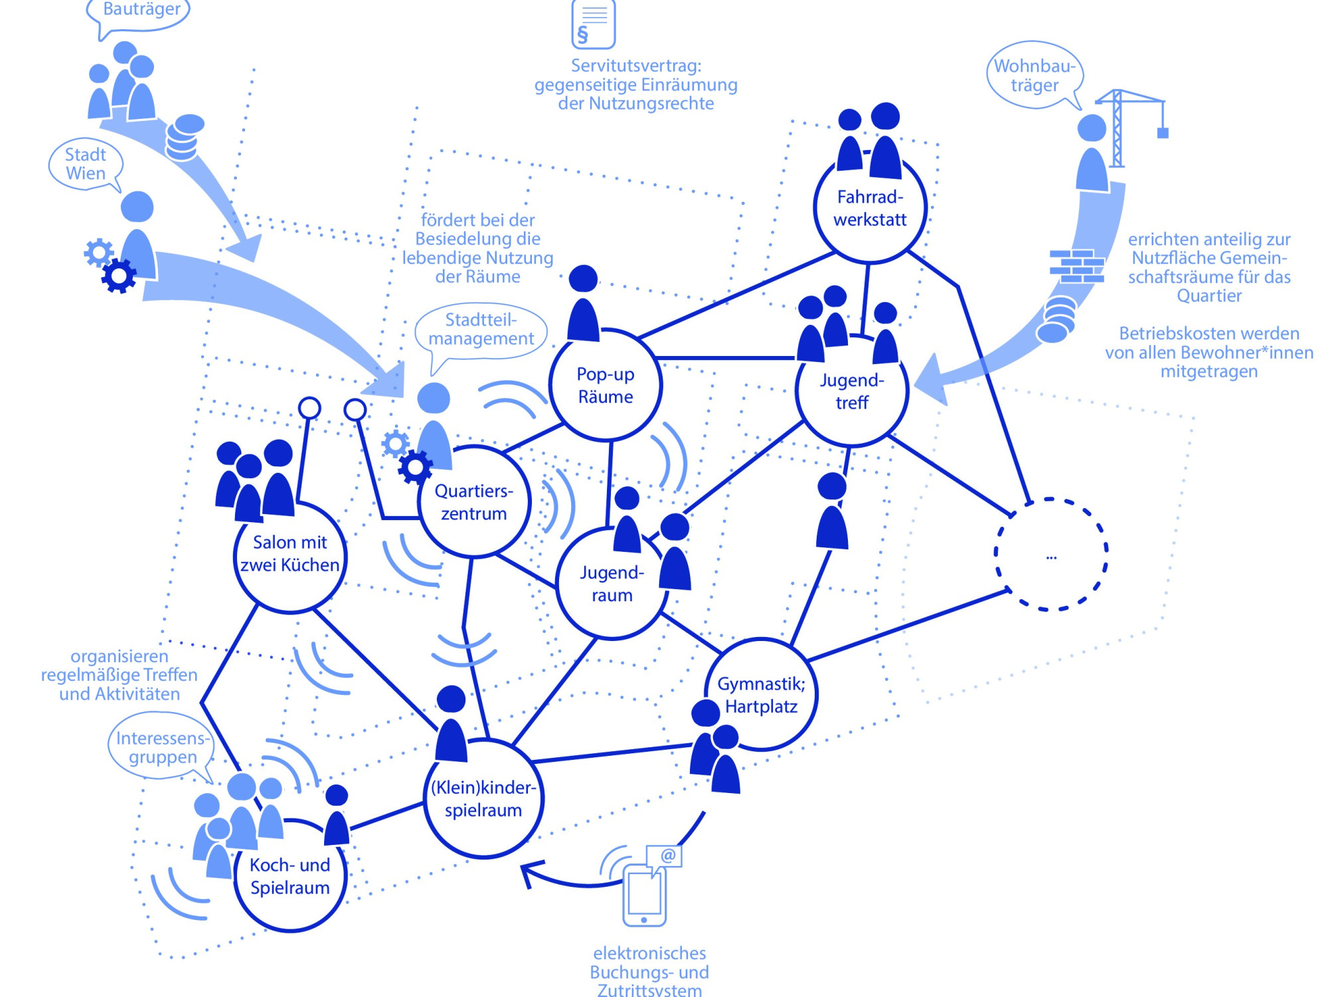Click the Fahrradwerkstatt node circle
tap(870, 208)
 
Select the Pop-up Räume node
tap(606, 385)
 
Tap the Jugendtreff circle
tap(852, 391)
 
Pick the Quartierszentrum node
tap(474, 502)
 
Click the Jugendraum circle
tap(612, 584)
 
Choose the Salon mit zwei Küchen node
tap(290, 554)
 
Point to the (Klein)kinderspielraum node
tap(483, 799)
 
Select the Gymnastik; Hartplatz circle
tap(761, 695)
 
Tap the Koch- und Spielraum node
tap(290, 876)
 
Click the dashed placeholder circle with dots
tap(1050, 554)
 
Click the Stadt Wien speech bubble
tap(86, 164)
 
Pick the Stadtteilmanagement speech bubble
tap(481, 330)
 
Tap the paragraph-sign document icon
tap(593, 25)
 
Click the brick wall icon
tap(1076, 266)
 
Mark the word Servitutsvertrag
tap(635, 66)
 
